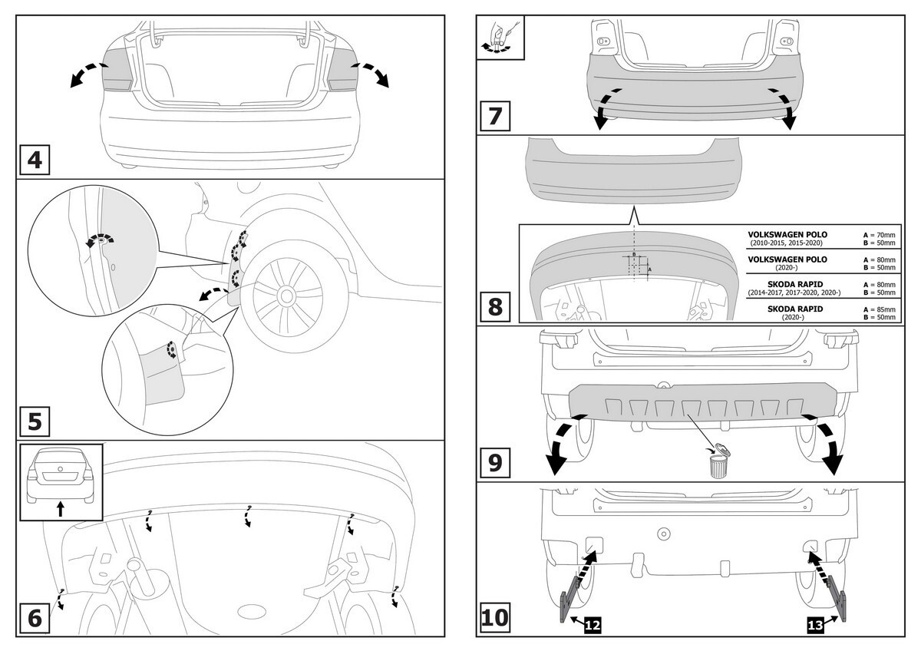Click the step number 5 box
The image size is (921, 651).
[x=35, y=421]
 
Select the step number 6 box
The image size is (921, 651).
[x=35, y=617]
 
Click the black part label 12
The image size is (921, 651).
[x=591, y=626]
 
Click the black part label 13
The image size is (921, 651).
[x=817, y=626]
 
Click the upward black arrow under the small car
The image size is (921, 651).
[x=61, y=508]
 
